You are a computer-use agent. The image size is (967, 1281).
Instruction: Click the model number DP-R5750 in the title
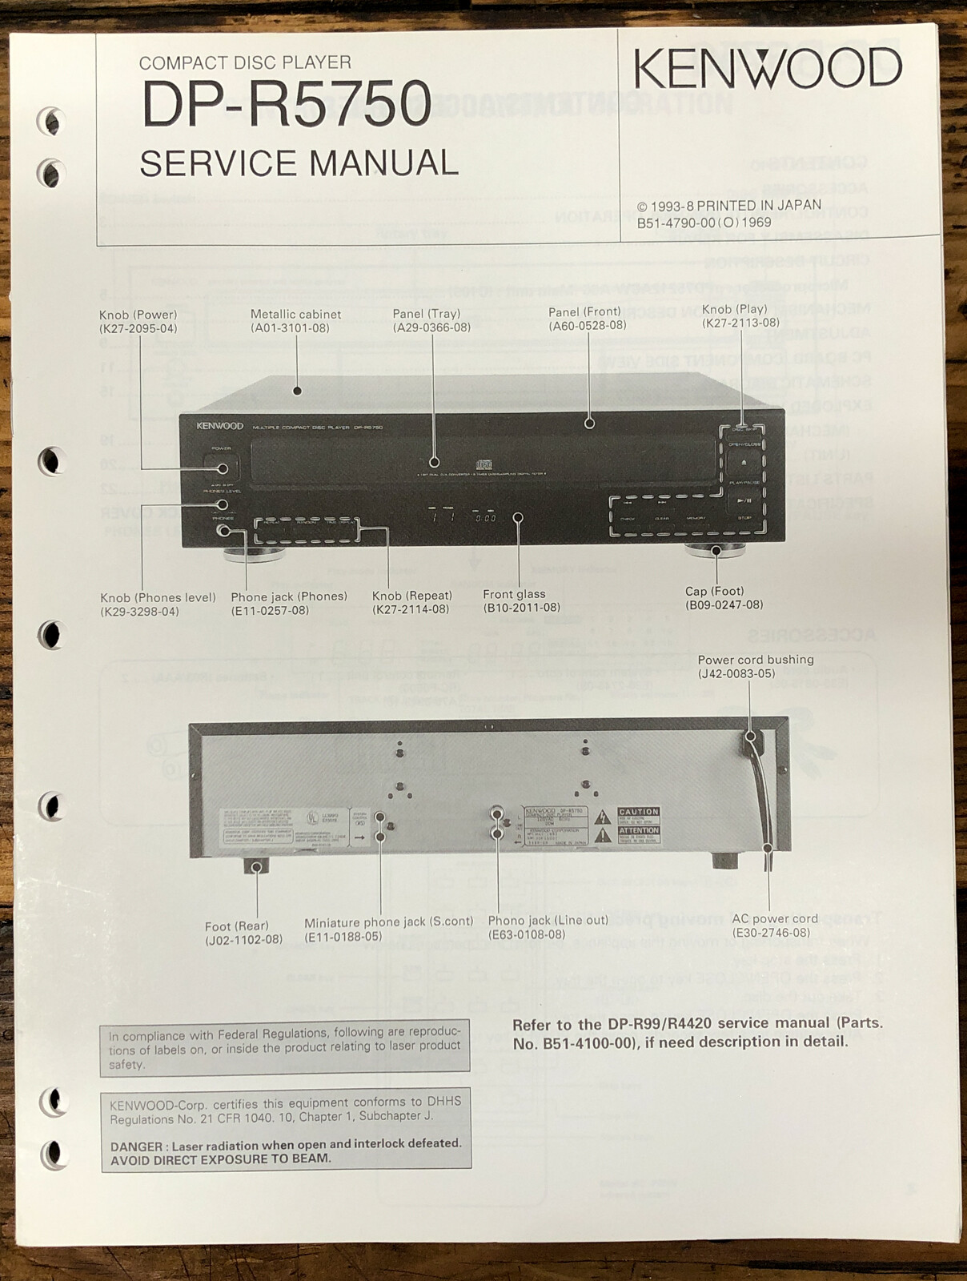pyautogui.click(x=286, y=104)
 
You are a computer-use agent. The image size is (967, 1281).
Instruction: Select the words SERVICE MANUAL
pyautogui.click(x=299, y=163)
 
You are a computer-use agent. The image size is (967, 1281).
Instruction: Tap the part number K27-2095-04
pyautogui.click(x=138, y=328)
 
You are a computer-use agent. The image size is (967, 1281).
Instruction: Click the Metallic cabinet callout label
pyautogui.click(x=295, y=315)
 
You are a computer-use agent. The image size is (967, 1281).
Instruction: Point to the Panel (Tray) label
pyautogui.click(x=426, y=314)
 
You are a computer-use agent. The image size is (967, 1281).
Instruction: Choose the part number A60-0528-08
pyautogui.click(x=587, y=325)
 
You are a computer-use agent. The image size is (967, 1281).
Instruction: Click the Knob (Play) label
pyautogui.click(x=734, y=309)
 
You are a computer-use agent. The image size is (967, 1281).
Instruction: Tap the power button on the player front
pyautogui.click(x=221, y=468)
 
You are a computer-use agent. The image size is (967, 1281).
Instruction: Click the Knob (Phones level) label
pyautogui.click(x=158, y=597)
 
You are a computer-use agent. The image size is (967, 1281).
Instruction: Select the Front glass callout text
pyautogui.click(x=514, y=594)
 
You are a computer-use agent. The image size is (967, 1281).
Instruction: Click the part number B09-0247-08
pyautogui.click(x=724, y=604)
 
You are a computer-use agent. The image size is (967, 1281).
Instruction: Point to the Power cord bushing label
pyautogui.click(x=755, y=660)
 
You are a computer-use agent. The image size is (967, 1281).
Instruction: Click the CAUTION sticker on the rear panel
pyautogui.click(x=638, y=812)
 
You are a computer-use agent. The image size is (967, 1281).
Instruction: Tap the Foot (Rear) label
pyautogui.click(x=236, y=926)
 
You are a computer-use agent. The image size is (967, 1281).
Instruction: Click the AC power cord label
pyautogui.click(x=774, y=918)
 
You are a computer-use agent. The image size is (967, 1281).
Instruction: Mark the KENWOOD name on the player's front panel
pyautogui.click(x=219, y=427)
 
